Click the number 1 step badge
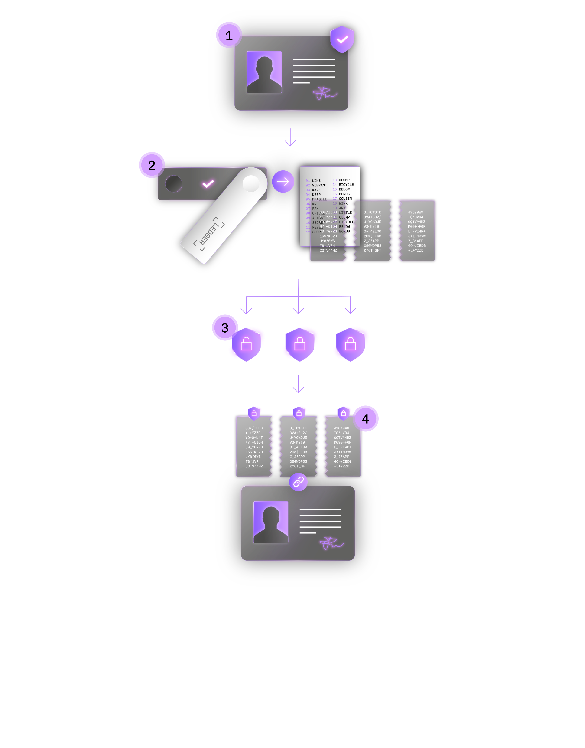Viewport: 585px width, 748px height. coord(229,35)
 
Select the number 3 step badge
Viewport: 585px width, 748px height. coord(225,328)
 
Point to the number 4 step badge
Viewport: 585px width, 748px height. coord(365,419)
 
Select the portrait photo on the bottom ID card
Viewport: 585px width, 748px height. coord(271,522)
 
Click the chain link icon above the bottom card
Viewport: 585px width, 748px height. coord(298,482)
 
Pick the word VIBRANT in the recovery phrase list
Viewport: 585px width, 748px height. coord(319,185)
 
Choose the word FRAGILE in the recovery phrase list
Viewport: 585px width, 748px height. coord(319,199)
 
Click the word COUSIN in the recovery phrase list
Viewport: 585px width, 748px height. coord(345,199)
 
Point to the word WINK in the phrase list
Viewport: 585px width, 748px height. coord(343,203)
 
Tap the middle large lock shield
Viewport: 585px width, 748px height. coord(300,344)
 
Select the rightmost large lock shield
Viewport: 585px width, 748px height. coord(350,344)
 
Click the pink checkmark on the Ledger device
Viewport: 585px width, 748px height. coord(208,184)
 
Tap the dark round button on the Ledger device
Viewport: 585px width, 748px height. coord(174,184)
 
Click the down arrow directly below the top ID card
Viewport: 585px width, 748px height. coord(290,137)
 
